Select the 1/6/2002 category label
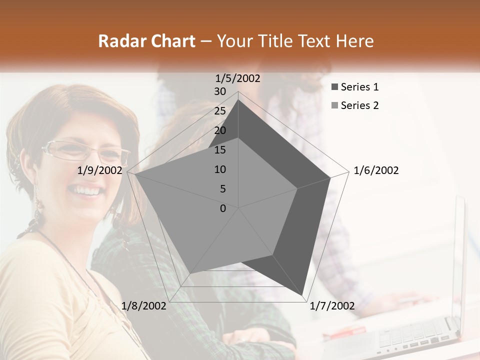click(x=376, y=170)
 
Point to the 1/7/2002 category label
click(x=332, y=306)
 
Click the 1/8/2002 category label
click(x=144, y=306)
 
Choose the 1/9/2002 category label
click(x=100, y=170)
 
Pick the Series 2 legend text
click(x=359, y=105)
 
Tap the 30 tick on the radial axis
click(x=220, y=91)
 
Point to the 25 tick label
click(x=220, y=111)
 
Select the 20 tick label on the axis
click(x=220, y=130)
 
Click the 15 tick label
click(x=220, y=150)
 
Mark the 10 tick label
click(x=220, y=169)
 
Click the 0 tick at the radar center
click(x=223, y=208)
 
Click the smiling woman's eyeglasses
click(x=85, y=151)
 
